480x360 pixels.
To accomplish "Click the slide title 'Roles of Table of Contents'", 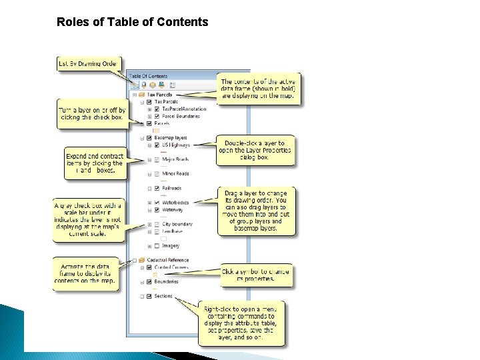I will [x=133, y=22].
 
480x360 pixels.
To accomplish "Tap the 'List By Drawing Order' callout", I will [x=87, y=63].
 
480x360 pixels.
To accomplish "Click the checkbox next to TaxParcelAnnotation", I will [x=157, y=109].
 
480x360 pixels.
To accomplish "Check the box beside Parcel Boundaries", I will [x=157, y=115].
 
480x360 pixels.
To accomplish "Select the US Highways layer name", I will [x=176, y=145].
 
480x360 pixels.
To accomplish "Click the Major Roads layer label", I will [x=175, y=159].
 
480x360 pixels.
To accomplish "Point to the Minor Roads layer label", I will [x=175, y=174].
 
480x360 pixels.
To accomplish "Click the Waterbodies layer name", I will [x=175, y=203].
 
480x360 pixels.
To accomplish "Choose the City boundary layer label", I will [x=177, y=224].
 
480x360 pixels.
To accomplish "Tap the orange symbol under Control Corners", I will [x=156, y=275].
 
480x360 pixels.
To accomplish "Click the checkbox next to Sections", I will [x=149, y=297].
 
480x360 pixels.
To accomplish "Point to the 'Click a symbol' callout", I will [x=256, y=275].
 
